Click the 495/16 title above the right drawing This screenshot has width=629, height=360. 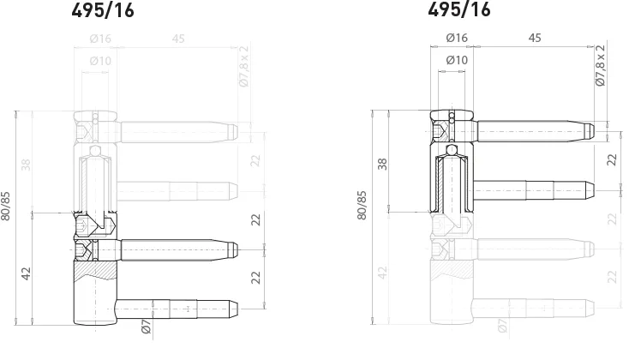[x=458, y=10]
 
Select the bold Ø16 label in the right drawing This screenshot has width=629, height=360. [x=457, y=38]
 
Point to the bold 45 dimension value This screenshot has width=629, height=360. [x=535, y=38]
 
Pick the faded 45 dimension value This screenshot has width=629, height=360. [x=178, y=38]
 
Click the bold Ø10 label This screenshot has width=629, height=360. [x=457, y=59]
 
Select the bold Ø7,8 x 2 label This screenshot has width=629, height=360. [x=600, y=65]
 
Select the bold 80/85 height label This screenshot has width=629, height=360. [x=7, y=206]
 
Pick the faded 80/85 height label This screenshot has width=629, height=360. [x=362, y=206]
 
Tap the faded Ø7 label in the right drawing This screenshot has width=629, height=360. [x=500, y=325]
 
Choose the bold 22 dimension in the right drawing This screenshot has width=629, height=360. [x=611, y=159]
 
